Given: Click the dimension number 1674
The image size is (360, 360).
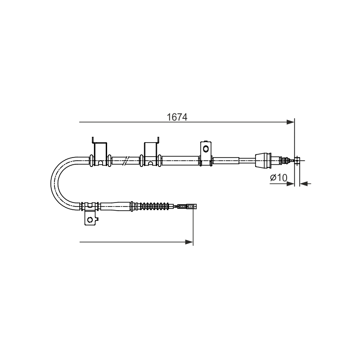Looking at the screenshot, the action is pyautogui.click(x=177, y=117).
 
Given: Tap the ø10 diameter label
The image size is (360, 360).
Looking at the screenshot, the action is pyautogui.click(x=279, y=177).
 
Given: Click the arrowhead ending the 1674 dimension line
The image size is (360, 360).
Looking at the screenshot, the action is pyautogui.click(x=290, y=122).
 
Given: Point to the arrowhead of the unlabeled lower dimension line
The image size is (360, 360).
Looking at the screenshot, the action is pyautogui.click(x=189, y=242).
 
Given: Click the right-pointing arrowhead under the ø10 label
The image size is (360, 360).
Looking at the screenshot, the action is pyautogui.click(x=290, y=184).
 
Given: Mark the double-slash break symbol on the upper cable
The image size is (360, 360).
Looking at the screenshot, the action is pyautogui.click(x=126, y=160).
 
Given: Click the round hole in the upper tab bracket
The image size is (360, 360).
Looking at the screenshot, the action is pyautogui.click(x=206, y=149).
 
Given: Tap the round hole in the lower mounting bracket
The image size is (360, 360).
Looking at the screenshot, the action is pyautogui.click(x=90, y=220).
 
